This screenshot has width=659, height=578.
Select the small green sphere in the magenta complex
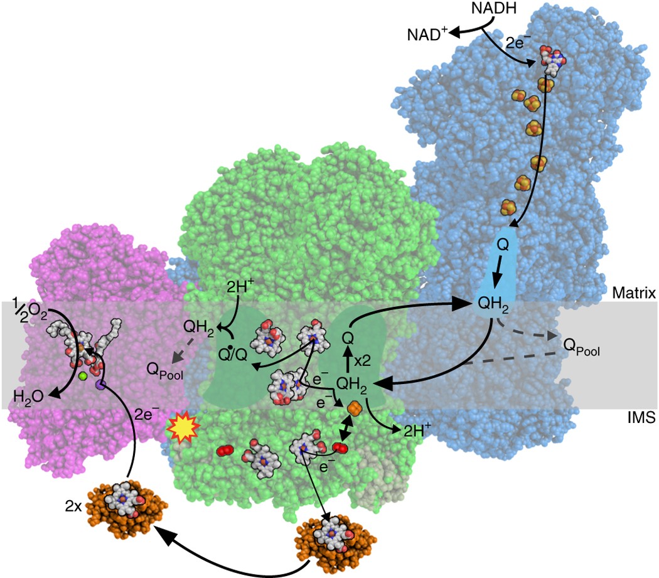click(x=82, y=376)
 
